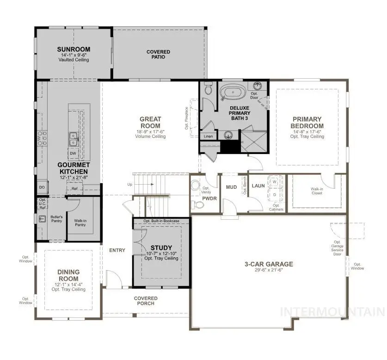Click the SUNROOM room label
click(x=74, y=50)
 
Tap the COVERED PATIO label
click(x=158, y=54)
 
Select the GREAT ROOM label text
click(x=150, y=123)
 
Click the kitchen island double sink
click(x=73, y=137)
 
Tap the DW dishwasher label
click(x=73, y=153)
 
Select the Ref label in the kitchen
click(x=74, y=188)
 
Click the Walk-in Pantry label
click(x=80, y=223)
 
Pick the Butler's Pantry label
click(x=56, y=219)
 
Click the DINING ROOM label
click(x=68, y=275)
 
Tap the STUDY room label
click(x=161, y=248)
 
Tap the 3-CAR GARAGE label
click(x=269, y=264)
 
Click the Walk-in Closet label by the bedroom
click(x=316, y=191)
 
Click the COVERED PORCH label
click(x=146, y=301)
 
